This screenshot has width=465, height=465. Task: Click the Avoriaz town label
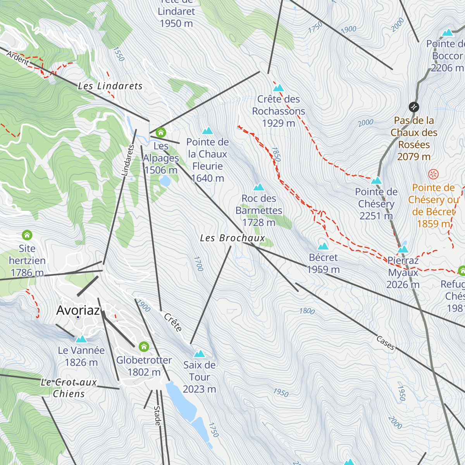[x=78, y=310]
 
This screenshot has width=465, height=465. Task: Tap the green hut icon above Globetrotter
[x=144, y=346]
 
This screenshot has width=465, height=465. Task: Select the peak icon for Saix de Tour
[x=199, y=353]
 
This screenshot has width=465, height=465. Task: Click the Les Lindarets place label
[x=110, y=86]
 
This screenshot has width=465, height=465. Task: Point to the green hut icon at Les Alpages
[x=160, y=133]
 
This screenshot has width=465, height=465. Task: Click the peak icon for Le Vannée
[x=81, y=339]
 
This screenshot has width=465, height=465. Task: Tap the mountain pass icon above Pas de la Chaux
[x=414, y=107]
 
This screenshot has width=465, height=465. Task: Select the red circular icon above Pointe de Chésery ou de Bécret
[x=433, y=174]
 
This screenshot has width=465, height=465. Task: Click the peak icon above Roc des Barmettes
[x=258, y=188]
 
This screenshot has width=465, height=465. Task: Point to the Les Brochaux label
[x=232, y=238]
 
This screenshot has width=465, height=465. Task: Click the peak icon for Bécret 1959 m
[x=323, y=246]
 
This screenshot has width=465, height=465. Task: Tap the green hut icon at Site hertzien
[x=27, y=235]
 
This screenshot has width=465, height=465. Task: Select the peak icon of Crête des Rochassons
[x=279, y=88]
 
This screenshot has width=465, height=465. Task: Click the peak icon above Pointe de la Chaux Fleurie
[x=207, y=131]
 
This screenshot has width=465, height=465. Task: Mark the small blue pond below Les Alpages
[x=165, y=181]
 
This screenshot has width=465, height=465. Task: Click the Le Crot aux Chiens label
[x=69, y=388]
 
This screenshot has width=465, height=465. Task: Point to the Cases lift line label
[x=385, y=343]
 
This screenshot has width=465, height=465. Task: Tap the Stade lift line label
[x=157, y=416]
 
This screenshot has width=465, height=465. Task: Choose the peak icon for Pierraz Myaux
[x=403, y=249]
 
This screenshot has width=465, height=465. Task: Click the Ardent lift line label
[x=18, y=59]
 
